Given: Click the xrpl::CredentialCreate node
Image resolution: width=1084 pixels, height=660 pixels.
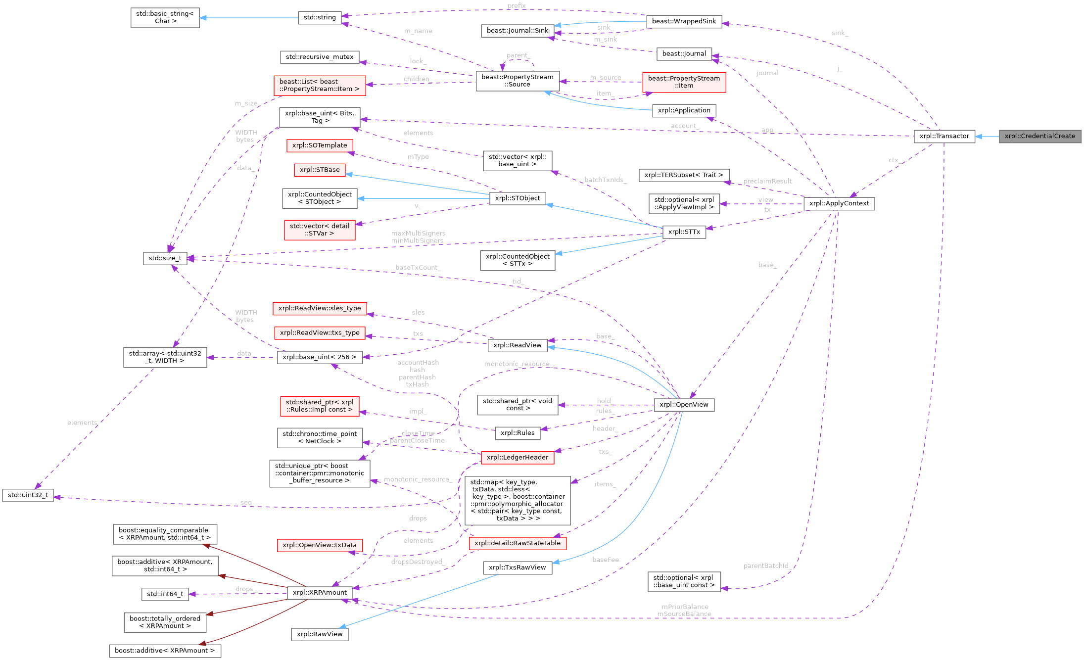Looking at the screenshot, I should [x=1039, y=136].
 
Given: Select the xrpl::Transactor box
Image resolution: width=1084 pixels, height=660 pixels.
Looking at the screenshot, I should [x=944, y=136].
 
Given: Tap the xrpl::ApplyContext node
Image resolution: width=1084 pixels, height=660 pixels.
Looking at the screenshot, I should [x=839, y=203].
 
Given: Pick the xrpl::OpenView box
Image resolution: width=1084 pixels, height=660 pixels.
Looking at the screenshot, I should [x=684, y=405].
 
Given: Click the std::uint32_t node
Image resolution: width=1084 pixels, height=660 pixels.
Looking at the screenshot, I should [x=28, y=495].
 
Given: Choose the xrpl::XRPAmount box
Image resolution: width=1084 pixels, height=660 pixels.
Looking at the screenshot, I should [x=320, y=593].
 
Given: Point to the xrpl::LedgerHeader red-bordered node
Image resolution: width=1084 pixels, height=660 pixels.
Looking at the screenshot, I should [x=517, y=458].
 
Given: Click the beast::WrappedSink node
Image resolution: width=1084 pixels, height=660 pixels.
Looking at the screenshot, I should [x=684, y=21].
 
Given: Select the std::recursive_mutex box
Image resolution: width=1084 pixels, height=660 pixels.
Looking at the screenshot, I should [x=319, y=57].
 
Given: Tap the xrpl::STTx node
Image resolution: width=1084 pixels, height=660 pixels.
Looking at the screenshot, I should [x=684, y=232].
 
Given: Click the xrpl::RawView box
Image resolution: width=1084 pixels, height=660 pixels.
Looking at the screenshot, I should [x=319, y=634].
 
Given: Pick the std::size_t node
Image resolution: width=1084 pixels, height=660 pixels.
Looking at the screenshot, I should [x=165, y=258].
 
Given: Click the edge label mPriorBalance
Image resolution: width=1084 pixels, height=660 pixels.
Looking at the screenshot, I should [x=685, y=607].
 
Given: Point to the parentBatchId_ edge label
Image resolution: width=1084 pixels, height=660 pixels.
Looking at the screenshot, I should [x=765, y=566].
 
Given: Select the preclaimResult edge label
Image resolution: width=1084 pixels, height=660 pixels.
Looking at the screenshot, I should [x=767, y=181].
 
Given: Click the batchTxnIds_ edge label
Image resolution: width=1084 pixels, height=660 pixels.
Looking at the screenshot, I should [x=605, y=180].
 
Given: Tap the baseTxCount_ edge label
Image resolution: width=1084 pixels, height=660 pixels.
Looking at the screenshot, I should [x=417, y=268].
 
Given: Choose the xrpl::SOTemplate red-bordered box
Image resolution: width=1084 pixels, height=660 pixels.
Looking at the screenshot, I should [x=320, y=145].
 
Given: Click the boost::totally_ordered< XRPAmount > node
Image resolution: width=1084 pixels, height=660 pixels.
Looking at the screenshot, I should [x=165, y=622].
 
